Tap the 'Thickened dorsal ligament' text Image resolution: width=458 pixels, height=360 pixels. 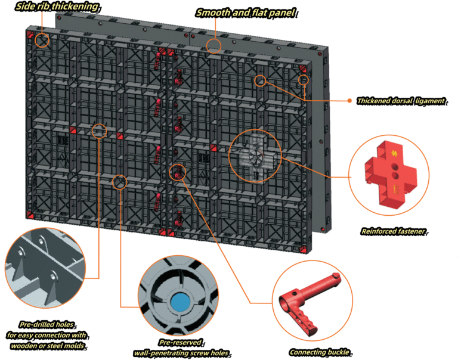[400, 101]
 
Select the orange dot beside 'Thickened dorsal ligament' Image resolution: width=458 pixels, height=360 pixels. [349, 101]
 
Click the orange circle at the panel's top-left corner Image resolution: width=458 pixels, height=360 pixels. [42, 41]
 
